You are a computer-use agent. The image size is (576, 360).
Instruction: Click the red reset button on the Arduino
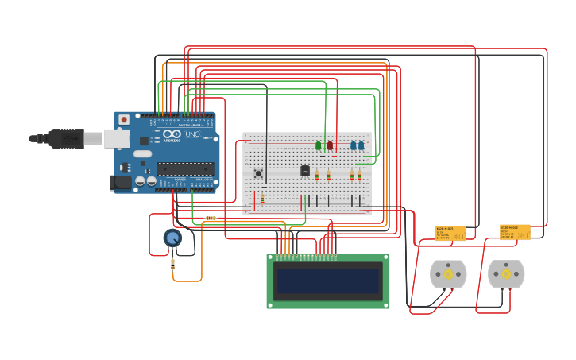point(124,120)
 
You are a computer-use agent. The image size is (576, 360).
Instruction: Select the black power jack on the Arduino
point(120,183)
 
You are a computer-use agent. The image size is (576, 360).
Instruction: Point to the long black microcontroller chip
point(185,168)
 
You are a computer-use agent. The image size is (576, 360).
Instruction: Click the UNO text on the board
point(193,134)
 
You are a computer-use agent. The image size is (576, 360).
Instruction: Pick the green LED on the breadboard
point(318,145)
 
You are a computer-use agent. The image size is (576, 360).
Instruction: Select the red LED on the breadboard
point(330,145)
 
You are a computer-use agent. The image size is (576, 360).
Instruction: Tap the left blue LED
point(353,145)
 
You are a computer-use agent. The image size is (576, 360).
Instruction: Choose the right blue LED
point(361,145)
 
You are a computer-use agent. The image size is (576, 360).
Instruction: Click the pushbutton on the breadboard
point(258,172)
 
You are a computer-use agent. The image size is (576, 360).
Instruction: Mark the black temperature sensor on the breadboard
point(305,170)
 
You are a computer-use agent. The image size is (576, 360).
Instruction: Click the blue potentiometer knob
point(172,237)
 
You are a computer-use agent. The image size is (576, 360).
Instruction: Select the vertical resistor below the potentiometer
point(173,265)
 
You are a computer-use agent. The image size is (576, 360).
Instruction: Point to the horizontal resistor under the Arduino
point(211,218)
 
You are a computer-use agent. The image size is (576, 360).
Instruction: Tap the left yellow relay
point(450,232)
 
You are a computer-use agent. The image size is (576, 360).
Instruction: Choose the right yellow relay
point(515,231)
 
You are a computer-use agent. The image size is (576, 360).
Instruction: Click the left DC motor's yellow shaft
point(448,274)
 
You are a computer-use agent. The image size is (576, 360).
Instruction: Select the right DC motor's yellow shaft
point(506,274)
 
